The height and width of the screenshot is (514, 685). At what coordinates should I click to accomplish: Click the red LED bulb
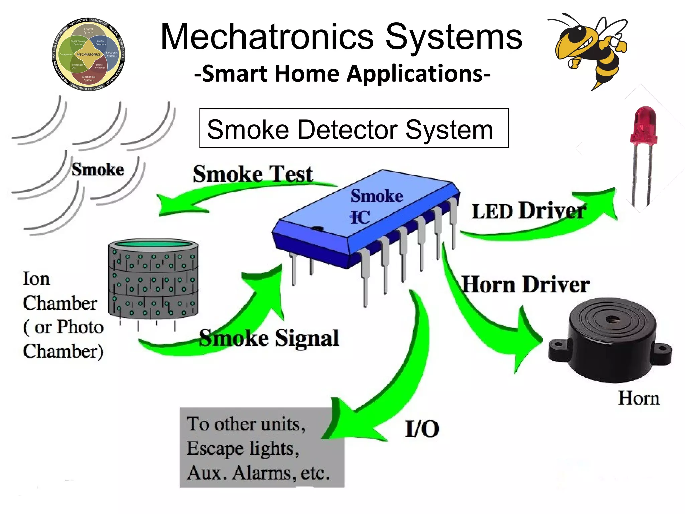643,125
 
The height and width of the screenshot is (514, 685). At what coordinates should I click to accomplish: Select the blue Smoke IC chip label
376,206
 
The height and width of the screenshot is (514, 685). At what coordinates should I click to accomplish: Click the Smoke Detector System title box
354,128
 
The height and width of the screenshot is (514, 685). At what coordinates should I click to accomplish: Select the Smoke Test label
253,174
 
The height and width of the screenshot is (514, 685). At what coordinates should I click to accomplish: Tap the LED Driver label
528,211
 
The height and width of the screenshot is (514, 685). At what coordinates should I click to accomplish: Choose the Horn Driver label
525,285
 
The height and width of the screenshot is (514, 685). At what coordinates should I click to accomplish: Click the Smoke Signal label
269,338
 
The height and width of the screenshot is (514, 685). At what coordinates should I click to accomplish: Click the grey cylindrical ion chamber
153,279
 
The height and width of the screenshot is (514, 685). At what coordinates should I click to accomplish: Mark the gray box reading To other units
262,447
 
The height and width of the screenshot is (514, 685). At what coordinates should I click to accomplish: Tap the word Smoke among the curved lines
98,169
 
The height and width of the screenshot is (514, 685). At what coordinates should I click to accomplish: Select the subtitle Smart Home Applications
342,73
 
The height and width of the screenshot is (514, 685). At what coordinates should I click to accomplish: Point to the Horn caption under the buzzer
638,398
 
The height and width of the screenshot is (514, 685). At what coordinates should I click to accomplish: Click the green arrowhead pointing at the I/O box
348,423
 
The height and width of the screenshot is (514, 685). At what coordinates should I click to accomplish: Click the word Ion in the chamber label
36,279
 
